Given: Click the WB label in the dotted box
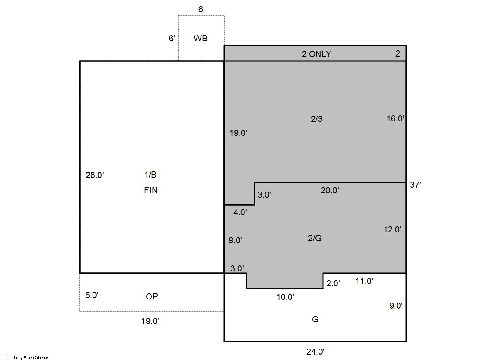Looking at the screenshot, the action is pyautogui.click(x=201, y=38).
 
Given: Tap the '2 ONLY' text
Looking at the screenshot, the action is pyautogui.click(x=316, y=54).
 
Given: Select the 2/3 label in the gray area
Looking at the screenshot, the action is pyautogui.click(x=316, y=119).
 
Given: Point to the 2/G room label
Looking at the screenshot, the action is pyautogui.click(x=315, y=238).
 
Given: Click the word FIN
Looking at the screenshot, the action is pyautogui.click(x=151, y=190).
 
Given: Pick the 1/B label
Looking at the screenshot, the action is pyautogui.click(x=151, y=175).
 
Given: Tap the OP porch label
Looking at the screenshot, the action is pyautogui.click(x=152, y=296).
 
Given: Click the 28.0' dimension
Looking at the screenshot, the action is pyautogui.click(x=95, y=175).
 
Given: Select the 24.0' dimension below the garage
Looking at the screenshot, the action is pyautogui.click(x=315, y=352).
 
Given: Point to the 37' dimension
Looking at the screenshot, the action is pyautogui.click(x=415, y=185).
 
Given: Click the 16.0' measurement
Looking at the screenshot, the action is pyautogui.click(x=395, y=118).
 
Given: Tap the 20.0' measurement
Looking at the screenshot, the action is pyautogui.click(x=330, y=190).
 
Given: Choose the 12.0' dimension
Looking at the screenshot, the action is pyautogui.click(x=392, y=229).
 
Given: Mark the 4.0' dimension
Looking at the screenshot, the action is pyautogui.click(x=240, y=212).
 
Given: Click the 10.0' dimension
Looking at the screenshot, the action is pyautogui.click(x=285, y=297).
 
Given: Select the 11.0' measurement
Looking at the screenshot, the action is pyautogui.click(x=364, y=281).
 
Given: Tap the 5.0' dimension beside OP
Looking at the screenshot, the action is pyautogui.click(x=92, y=295).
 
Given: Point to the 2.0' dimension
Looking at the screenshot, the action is pyautogui.click(x=333, y=283).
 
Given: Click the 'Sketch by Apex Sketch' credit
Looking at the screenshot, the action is pyautogui.click(x=26, y=357).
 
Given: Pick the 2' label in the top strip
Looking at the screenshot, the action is pyautogui.click(x=398, y=53).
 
